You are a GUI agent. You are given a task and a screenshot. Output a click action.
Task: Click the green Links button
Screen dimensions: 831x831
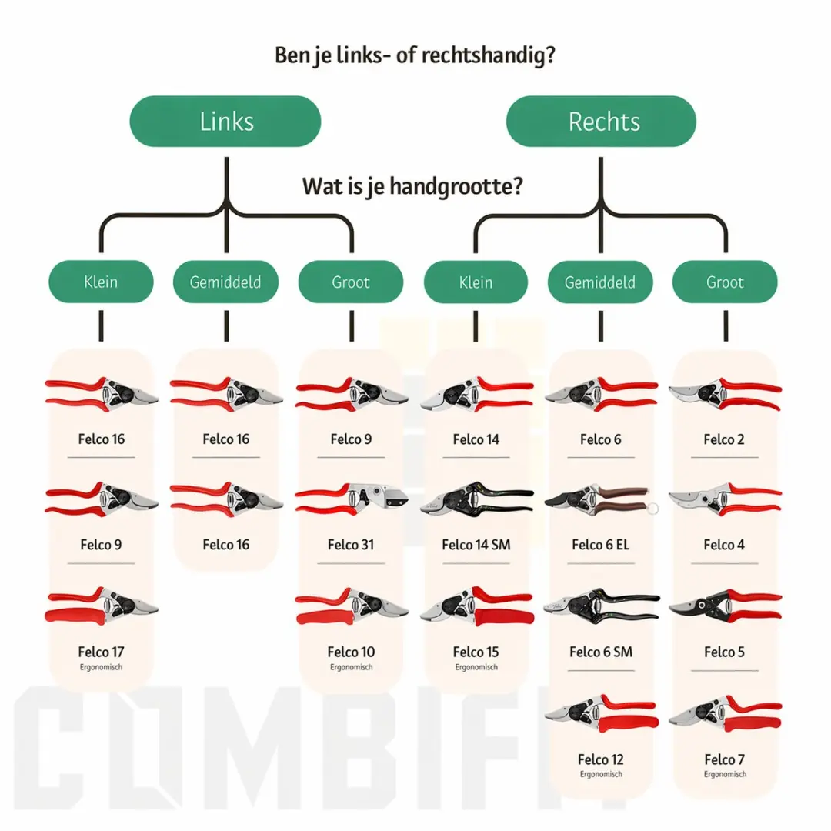(225, 122)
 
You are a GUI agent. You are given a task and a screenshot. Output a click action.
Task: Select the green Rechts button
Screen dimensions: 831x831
(601, 122)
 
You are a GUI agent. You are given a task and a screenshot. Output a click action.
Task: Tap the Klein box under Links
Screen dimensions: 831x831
(102, 282)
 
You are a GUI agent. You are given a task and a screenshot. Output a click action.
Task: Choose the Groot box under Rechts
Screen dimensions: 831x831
(725, 282)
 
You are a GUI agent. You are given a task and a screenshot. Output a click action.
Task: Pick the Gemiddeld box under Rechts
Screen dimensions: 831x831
(600, 282)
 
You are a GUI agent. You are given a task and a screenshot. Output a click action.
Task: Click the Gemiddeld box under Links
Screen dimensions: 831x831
(225, 282)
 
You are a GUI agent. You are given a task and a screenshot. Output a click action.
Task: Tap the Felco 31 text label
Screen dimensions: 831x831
(351, 544)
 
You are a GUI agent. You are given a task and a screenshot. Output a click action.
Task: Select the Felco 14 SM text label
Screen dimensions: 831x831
(476, 544)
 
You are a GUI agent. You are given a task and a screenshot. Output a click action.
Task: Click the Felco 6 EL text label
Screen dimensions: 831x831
(600, 544)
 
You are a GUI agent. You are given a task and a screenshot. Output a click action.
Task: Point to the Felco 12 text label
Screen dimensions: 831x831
(600, 759)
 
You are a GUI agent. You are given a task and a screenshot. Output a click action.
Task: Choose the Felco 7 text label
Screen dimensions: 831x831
(725, 759)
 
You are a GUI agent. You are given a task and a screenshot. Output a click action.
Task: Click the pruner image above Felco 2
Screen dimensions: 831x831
(725, 394)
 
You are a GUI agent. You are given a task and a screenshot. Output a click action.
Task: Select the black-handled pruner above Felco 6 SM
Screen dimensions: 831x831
(602, 606)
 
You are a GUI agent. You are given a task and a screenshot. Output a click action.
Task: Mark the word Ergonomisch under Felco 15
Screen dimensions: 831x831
(476, 667)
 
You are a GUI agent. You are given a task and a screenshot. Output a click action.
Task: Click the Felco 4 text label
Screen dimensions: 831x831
(724, 544)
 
